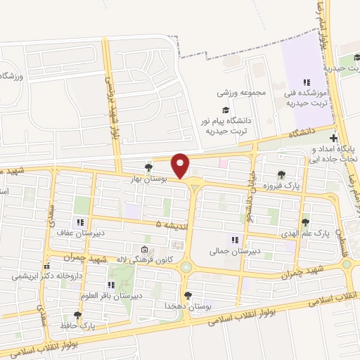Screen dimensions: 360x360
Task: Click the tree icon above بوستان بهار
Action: point(148,167)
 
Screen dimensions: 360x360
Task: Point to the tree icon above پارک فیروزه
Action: point(282,174)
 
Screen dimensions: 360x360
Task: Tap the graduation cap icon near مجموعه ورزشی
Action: point(226,109)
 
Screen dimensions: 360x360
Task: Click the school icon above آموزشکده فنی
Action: point(307,82)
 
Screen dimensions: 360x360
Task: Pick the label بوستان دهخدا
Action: point(186,307)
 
